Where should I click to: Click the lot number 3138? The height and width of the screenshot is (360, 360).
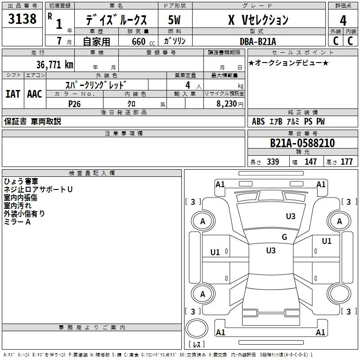click(22, 19)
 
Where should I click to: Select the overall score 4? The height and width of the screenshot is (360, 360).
click(343, 21)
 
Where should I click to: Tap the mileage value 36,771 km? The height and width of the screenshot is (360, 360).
click(55, 64)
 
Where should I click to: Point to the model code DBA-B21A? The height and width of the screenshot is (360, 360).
click(258, 41)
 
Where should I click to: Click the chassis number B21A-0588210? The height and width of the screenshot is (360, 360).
click(302, 143)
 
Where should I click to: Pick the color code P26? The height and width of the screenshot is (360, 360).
click(74, 104)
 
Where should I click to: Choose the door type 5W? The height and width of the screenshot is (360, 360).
click(174, 20)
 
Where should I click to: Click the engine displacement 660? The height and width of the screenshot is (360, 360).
click(139, 41)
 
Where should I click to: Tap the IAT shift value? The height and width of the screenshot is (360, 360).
click(13, 94)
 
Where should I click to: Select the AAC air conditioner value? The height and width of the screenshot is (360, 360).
click(35, 94)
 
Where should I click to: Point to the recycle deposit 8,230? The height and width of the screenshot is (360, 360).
click(226, 104)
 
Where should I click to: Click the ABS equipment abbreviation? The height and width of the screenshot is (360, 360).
click(258, 121)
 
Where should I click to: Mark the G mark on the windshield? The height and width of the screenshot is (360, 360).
click(284, 237)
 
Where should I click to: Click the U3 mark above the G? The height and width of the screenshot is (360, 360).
click(291, 216)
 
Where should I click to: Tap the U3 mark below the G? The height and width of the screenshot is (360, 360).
click(271, 251)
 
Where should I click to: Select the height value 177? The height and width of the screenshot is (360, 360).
click(346, 162)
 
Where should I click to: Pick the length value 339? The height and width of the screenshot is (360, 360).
click(273, 162)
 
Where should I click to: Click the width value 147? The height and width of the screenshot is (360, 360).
click(310, 162)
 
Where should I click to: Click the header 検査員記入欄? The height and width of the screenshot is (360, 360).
click(92, 173)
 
